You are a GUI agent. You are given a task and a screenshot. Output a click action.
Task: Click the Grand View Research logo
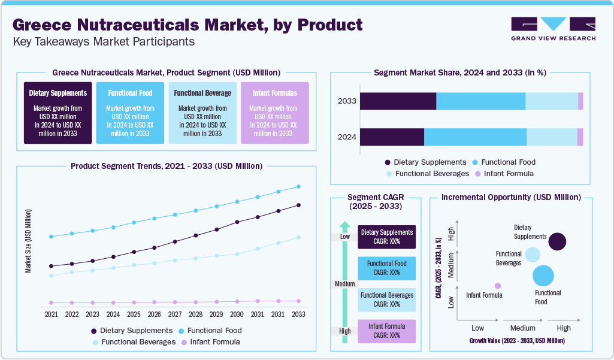tap(553, 28)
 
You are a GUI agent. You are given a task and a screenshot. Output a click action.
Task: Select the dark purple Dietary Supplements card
tap(58, 113)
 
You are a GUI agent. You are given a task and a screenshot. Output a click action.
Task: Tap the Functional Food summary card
tap(130, 113)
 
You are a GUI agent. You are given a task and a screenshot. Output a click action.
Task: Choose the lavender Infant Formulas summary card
tap(274, 113)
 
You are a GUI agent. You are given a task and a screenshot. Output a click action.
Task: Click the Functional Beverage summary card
tap(202, 113)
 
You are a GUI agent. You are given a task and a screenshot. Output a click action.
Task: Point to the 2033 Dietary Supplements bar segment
tap(398, 101)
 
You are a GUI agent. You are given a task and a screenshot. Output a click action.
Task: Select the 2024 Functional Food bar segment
tap(475, 137)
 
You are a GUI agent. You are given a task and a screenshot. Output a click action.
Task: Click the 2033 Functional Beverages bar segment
tap(551, 101)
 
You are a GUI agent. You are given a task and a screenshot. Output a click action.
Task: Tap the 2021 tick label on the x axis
tap(52, 314)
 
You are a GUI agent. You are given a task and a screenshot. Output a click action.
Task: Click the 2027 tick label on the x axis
tap(175, 314)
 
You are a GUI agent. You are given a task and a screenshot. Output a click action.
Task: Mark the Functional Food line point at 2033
tap(298, 186)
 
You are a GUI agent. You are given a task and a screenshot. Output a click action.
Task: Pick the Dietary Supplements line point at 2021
tap(52, 266)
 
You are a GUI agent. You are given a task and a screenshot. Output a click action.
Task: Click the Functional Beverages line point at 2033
tap(298, 238)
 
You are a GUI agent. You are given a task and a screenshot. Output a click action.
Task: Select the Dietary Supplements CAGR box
tap(386, 237)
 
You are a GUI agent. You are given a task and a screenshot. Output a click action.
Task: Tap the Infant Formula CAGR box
tap(386, 331)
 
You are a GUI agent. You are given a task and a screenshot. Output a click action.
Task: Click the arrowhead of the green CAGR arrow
tap(344, 226)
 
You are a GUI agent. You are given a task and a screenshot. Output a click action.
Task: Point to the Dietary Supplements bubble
tap(557, 241)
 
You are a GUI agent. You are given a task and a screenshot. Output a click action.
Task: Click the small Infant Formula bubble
tap(497, 286)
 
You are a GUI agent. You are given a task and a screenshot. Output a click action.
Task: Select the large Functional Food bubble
tap(543, 276)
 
